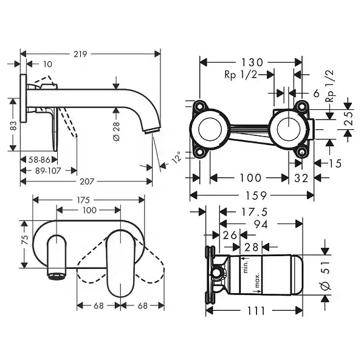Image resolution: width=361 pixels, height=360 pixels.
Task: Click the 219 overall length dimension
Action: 80,54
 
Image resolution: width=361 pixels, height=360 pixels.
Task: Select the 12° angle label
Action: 177,157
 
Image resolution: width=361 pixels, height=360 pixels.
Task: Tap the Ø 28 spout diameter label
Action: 117,131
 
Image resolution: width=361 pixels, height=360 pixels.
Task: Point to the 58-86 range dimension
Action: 39,160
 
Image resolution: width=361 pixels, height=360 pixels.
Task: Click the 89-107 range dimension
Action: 48,171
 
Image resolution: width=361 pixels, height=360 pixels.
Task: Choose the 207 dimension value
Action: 87,182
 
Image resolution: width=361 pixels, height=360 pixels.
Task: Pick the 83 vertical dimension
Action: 13,126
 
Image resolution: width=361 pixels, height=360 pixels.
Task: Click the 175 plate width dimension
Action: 83,200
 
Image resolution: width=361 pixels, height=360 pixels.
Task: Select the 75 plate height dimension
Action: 25,239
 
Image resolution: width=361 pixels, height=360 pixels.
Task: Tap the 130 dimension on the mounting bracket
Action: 252,63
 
